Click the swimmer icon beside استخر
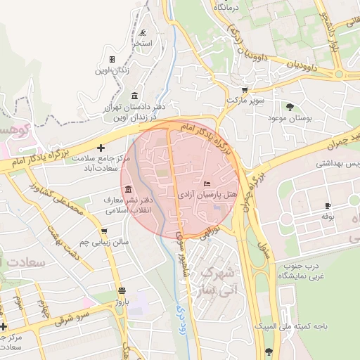pyautogui.click(x=143, y=33)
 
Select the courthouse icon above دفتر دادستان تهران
pyautogui.click(x=134, y=96)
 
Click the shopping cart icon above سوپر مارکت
pyautogui.click(x=245, y=90)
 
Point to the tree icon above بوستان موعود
pyautogui.click(x=290, y=107)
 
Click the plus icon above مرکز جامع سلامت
pyautogui.click(x=101, y=148)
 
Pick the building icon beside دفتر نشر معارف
pyautogui.click(x=129, y=190)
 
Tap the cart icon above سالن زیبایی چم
pyautogui.click(x=103, y=231)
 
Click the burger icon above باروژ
pyautogui.click(x=122, y=290)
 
